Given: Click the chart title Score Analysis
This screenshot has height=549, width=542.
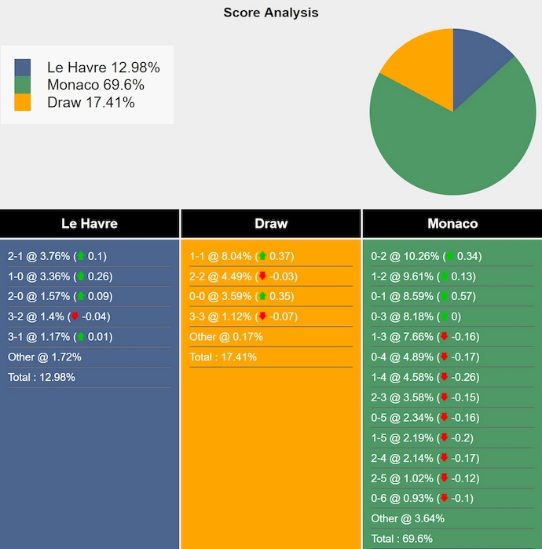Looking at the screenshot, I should [271, 13].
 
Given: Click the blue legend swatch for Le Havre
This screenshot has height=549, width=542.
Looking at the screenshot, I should [23, 68].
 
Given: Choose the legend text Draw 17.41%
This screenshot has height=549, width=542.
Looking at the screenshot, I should [90, 102].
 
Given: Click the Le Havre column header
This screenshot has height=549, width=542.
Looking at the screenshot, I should [90, 224].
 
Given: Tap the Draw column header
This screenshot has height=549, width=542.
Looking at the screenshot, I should [271, 224].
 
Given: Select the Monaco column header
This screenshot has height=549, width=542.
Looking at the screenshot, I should [452, 224].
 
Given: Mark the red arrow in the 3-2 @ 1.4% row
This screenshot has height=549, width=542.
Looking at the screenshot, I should [75, 317].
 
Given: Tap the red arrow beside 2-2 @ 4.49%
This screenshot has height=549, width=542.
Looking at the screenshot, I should [262, 276].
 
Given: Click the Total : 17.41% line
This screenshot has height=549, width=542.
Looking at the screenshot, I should [223, 357].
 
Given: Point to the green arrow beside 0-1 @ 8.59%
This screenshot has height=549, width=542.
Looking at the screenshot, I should [445, 297].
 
